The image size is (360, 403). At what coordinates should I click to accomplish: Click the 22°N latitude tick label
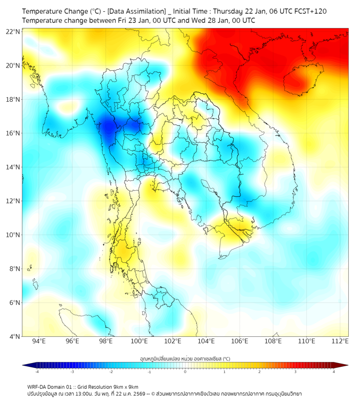pyautogui.click(x=13, y=31)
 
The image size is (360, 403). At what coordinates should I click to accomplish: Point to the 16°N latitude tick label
pyautogui.click(x=13, y=133)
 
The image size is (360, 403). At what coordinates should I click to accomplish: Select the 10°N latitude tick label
pyautogui.click(x=13, y=235)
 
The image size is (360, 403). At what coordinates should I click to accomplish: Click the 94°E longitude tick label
pyautogui.click(x=39, y=341)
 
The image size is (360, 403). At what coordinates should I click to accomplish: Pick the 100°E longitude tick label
pyautogui.click(x=140, y=341)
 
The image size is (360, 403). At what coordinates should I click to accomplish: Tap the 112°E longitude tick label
pyautogui.click(x=340, y=341)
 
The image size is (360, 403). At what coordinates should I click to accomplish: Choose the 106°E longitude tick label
pyautogui.click(x=240, y=341)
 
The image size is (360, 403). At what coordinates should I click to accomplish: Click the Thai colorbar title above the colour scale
pyautogui.click(x=185, y=359)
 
